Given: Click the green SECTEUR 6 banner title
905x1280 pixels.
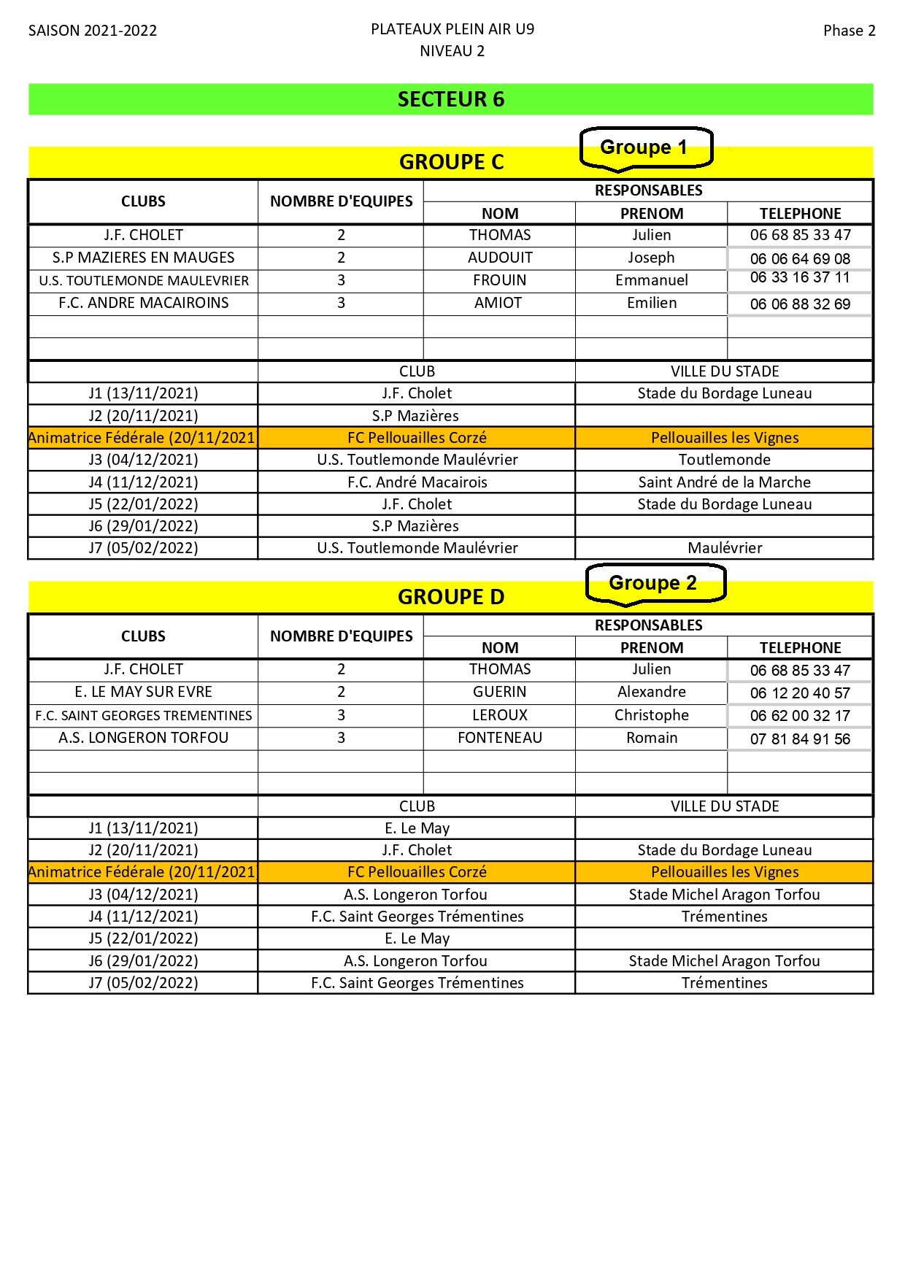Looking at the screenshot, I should (x=451, y=99).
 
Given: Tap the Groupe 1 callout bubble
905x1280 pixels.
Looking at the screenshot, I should (x=644, y=148).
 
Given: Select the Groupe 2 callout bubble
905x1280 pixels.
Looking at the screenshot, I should (x=653, y=583).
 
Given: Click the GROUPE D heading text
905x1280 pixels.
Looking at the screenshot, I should (x=451, y=597).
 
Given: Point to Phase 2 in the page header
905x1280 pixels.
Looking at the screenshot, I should (x=849, y=31).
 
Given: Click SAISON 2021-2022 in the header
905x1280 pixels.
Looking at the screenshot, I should (x=93, y=31).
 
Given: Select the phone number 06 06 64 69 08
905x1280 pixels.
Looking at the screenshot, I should (x=800, y=259).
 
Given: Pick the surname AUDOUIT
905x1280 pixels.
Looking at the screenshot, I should (x=500, y=258).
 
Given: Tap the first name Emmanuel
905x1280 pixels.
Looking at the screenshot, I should (x=652, y=280).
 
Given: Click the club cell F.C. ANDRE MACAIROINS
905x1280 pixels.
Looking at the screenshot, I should (x=144, y=303).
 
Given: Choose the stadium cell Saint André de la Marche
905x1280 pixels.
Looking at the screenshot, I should (x=725, y=482).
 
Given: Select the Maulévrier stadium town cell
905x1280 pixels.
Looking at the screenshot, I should (x=725, y=548).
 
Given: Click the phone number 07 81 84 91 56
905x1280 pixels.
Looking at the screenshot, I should (x=800, y=739).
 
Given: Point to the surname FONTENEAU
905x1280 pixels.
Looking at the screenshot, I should (x=500, y=738).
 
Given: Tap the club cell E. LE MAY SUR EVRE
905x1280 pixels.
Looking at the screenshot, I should (x=144, y=692).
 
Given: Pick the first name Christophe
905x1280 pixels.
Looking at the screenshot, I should (x=652, y=715).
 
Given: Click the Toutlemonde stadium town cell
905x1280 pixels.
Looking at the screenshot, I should (x=725, y=460).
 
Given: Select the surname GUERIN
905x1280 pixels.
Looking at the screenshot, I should (x=500, y=692).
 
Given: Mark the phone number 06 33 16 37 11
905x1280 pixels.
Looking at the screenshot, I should (x=800, y=277).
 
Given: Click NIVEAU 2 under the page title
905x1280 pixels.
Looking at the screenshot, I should (x=452, y=51).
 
